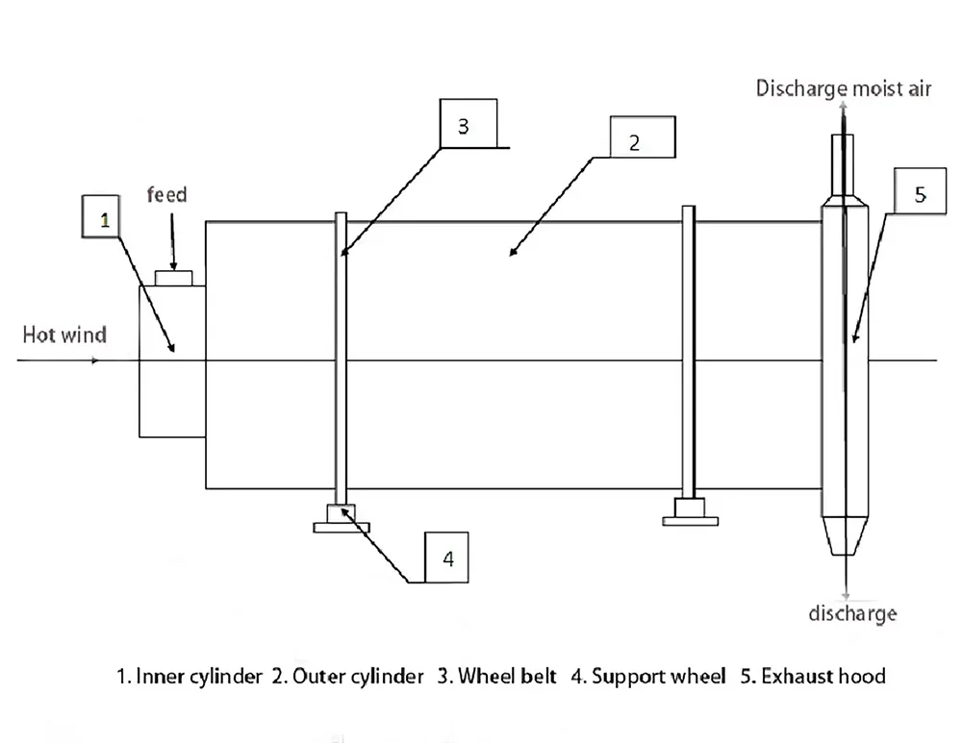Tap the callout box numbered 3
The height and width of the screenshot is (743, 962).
[x=464, y=125]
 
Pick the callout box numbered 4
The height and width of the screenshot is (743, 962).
[x=447, y=557]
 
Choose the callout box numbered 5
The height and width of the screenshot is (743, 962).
[x=920, y=194]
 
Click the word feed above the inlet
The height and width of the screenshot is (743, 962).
[x=166, y=195]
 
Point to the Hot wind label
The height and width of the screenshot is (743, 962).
[x=64, y=334]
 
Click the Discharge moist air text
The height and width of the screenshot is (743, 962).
[x=844, y=90]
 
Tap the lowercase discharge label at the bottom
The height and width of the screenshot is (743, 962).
[x=852, y=612]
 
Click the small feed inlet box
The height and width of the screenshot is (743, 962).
[x=174, y=278]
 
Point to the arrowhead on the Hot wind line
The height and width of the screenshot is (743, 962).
[x=94, y=361]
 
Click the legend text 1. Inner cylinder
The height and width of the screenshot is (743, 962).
[x=190, y=677]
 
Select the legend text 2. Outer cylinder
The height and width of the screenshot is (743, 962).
[x=347, y=677]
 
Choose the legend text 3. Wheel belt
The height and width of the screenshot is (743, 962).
[x=497, y=677]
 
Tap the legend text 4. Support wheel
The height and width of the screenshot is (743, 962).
[x=648, y=677]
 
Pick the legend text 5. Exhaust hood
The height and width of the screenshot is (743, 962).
[x=813, y=677]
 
